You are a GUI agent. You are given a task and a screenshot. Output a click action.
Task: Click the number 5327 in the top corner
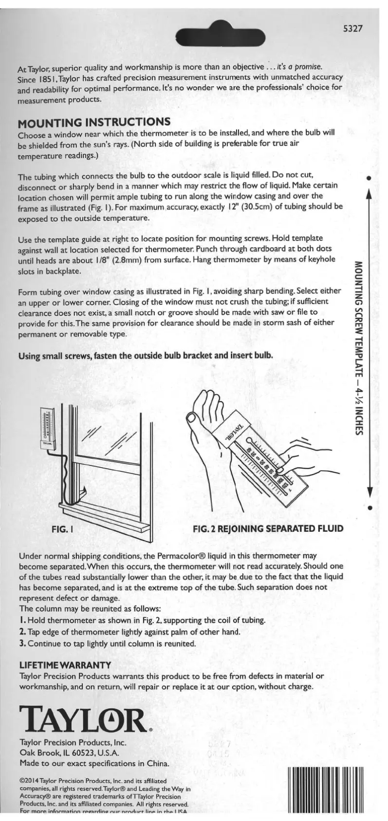pyautogui.click(x=353, y=28)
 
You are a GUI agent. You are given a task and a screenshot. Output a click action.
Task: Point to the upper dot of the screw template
pyautogui.click(x=369, y=178)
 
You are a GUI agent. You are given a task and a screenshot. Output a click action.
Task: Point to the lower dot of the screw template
pyautogui.click(x=369, y=508)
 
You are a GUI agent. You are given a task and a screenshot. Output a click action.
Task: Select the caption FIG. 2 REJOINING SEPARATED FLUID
pyautogui.click(x=268, y=528)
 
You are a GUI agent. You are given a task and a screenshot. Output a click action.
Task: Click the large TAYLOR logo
pyautogui.click(x=82, y=719)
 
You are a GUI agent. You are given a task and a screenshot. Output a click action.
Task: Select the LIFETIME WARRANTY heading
pyautogui.click(x=65, y=665)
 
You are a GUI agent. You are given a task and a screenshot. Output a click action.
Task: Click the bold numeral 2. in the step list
pyautogui.click(x=22, y=632)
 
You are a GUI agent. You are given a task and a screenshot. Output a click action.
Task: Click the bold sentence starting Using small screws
pyautogui.click(x=146, y=356)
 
